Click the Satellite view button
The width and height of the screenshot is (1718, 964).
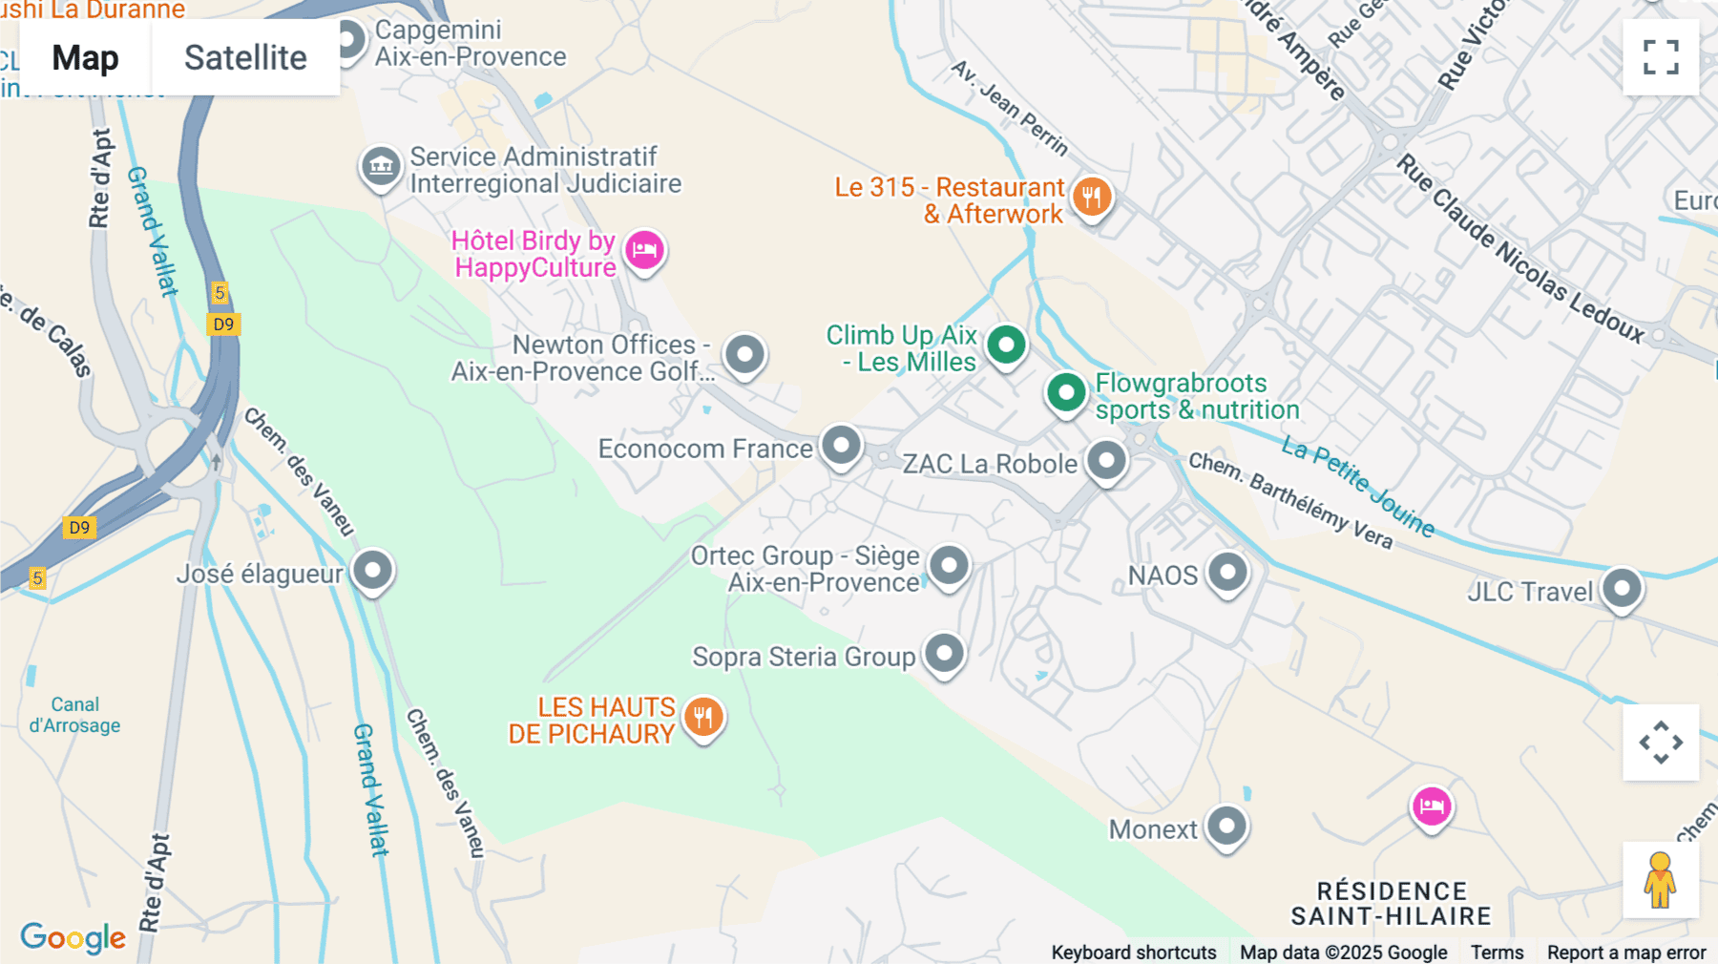tap(245, 58)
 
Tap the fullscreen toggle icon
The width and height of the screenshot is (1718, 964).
tap(1661, 57)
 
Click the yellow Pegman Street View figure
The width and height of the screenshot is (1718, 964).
tap(1660, 879)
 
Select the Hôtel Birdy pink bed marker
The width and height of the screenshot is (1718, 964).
tap(644, 251)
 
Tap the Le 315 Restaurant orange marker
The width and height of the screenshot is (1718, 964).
tap(1092, 198)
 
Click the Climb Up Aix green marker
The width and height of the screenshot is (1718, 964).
tap(1006, 345)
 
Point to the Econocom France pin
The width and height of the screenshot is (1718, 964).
tap(841, 446)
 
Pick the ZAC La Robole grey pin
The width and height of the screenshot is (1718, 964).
tap(1106, 461)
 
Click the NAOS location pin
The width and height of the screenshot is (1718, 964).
tap(1227, 573)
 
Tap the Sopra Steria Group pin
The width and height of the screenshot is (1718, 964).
tap(944, 654)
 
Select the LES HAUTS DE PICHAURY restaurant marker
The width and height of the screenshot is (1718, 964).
tap(703, 717)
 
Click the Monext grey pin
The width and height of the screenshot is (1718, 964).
tap(1226, 826)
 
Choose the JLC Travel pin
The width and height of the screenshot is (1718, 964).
tap(1622, 588)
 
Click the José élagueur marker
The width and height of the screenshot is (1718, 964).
tap(372, 571)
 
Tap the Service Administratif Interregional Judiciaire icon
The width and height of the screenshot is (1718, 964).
tap(381, 167)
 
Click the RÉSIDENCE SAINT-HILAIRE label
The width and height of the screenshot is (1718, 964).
tap(1391, 903)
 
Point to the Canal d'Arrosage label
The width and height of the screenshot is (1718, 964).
tap(74, 715)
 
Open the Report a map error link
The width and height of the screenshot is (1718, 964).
tap(1625, 952)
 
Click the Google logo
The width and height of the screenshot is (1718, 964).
tap(73, 937)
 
